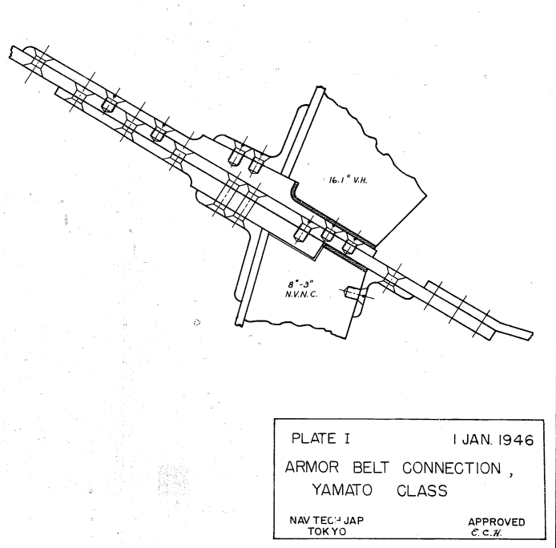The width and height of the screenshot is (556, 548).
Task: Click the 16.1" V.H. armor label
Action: click(349, 180)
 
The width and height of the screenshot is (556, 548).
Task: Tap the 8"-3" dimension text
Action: click(301, 284)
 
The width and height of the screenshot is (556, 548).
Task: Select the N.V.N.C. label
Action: click(301, 294)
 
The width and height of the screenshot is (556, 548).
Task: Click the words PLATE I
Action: click(320, 439)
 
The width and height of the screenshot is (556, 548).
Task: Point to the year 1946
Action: click(516, 440)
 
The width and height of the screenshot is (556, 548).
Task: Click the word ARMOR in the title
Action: click(312, 467)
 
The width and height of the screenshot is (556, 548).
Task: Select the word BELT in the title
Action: click(371, 468)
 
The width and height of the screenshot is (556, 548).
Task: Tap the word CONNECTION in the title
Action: click(451, 468)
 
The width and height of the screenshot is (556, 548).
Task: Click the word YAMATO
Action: click(342, 490)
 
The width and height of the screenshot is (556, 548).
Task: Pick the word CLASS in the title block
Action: click(422, 491)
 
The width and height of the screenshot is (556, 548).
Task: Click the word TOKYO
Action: click(327, 531)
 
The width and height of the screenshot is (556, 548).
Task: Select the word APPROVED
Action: click(497, 522)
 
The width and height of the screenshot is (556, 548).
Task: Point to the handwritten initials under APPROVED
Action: click(486, 533)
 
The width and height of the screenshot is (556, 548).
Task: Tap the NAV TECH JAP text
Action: click(327, 520)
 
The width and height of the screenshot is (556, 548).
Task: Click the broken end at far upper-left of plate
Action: click(11, 53)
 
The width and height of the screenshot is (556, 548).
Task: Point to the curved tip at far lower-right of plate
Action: click(531, 335)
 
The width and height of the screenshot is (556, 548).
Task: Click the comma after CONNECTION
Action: click(511, 473)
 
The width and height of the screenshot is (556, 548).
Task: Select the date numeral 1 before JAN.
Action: click(454, 440)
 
